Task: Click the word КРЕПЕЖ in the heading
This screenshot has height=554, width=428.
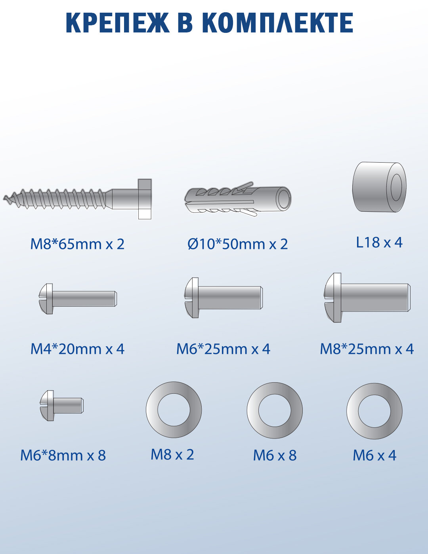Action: pos(118,23)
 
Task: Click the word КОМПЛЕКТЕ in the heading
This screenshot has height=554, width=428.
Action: pos(278,23)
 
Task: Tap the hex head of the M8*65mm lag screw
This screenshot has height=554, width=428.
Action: pos(145,199)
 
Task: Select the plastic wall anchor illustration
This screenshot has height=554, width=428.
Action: pos(238,199)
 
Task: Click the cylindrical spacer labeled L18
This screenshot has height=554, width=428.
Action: pos(379,187)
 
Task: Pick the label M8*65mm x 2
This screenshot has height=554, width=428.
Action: pos(77,244)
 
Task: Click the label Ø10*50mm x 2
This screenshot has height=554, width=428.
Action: pos(238,244)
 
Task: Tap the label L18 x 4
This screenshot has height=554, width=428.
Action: pos(379,242)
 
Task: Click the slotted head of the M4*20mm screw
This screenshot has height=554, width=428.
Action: pos(46,298)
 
